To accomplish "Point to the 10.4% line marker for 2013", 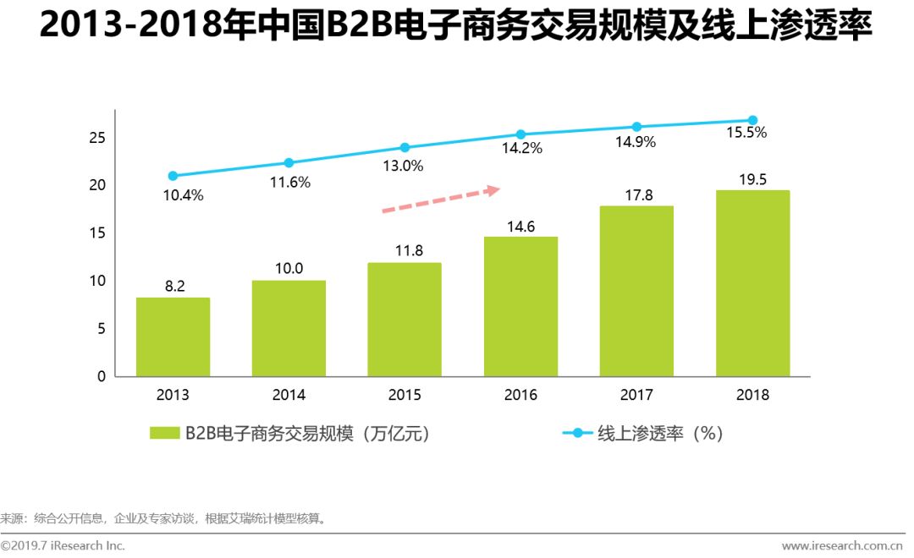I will click(173, 176).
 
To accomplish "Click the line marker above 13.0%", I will click(405, 147).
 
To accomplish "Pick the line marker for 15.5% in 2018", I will click(752, 120).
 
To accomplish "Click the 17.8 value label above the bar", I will click(636, 195).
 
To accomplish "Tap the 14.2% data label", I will click(523, 148).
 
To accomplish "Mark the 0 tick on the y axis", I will click(102, 376).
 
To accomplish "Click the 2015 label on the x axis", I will click(405, 395).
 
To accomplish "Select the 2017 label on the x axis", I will click(636, 395).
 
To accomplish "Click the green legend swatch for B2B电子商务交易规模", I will click(165, 433).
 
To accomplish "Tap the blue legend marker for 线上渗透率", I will click(578, 433).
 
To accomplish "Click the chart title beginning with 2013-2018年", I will click(456, 29).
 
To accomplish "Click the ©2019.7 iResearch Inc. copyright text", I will click(63, 545).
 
